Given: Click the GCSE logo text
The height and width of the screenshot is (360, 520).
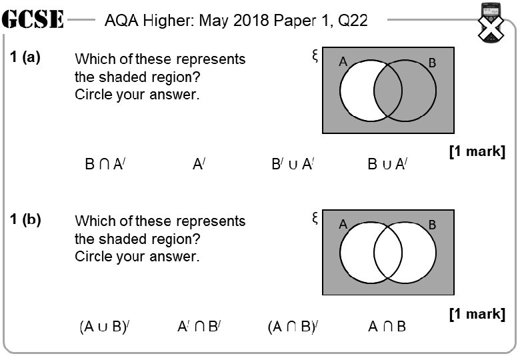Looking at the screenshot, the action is [33, 21].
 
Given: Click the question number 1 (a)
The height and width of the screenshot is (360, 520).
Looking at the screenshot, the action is [25, 57].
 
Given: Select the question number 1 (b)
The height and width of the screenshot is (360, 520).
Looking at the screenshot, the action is [25, 219].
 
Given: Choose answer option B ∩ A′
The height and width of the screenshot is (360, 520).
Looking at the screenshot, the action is [105, 164].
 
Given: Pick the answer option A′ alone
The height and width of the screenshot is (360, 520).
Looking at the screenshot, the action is [199, 164].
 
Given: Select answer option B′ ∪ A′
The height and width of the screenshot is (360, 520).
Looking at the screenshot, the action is [293, 164].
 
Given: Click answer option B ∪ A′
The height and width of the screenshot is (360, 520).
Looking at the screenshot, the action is [387, 164].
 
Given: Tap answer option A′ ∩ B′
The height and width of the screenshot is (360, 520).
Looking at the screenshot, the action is [199, 327].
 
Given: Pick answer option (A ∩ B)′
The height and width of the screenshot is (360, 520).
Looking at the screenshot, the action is [293, 327].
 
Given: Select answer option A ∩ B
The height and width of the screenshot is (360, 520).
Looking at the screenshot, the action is [387, 327].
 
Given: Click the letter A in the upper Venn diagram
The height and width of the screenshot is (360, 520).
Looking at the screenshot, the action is [343, 62].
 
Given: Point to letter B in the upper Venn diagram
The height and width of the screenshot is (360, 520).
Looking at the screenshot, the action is [432, 63].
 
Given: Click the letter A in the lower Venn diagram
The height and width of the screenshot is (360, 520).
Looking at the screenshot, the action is [343, 224].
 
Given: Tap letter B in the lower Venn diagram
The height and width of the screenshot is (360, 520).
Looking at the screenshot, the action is [432, 225].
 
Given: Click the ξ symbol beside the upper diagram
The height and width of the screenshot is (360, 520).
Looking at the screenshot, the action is [315, 55].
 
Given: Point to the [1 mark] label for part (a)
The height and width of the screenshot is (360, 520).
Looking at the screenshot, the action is [477, 152].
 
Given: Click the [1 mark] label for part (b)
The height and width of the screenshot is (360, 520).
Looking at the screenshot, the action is [477, 313].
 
